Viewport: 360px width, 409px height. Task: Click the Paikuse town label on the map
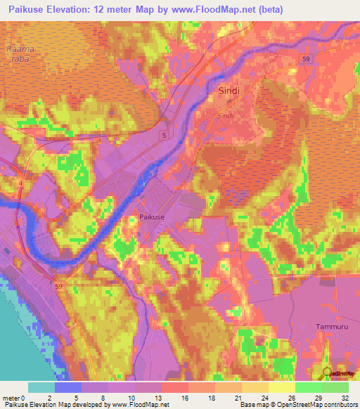[x=152, y=218]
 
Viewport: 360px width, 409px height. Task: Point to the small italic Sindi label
[x=225, y=115]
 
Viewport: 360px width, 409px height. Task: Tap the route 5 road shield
[x=164, y=134]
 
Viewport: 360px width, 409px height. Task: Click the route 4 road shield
[x=20, y=183]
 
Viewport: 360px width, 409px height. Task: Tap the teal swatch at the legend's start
[x=41, y=387]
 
